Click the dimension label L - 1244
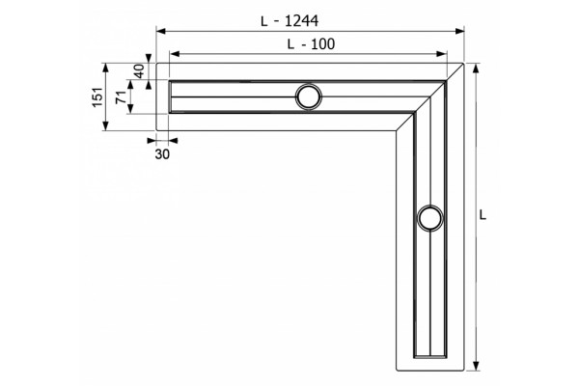click(289, 21)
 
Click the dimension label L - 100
click(311, 44)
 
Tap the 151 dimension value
click(97, 97)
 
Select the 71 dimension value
click(122, 97)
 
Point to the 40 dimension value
click(139, 71)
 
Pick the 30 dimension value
click(162, 154)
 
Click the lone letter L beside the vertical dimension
click(483, 215)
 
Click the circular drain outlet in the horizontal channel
click(309, 96)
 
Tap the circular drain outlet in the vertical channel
click(430, 218)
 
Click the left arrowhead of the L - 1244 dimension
click(160, 31)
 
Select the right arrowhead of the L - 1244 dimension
click(459, 31)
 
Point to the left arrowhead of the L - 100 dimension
click(175, 54)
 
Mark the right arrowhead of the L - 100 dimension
click(442, 54)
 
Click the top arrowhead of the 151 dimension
click(106, 68)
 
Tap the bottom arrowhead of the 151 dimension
click(106, 125)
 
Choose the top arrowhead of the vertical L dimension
click(477, 69)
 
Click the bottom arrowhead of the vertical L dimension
click(477, 366)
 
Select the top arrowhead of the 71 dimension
click(130, 85)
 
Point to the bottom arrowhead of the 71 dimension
click(130, 109)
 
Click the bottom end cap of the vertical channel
click(430, 357)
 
